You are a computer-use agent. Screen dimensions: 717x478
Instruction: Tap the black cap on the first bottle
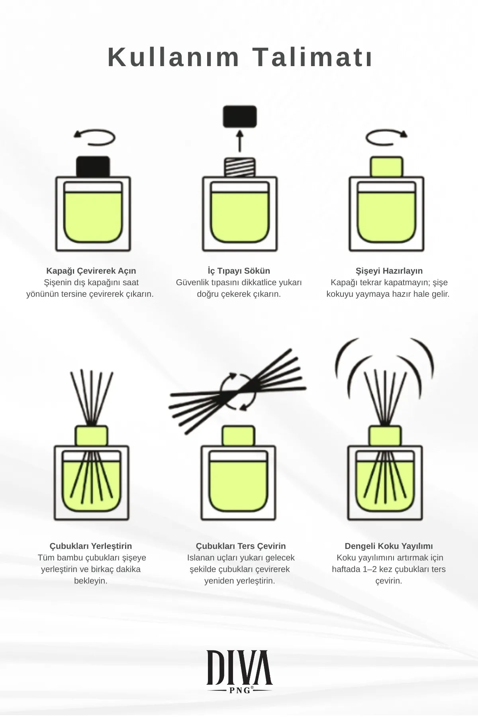(x=93, y=167)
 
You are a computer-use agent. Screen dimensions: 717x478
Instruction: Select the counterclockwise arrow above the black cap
(x=95, y=137)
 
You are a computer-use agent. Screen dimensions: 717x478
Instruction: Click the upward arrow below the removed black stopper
(x=239, y=141)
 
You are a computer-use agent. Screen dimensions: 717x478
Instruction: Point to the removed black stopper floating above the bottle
(x=239, y=116)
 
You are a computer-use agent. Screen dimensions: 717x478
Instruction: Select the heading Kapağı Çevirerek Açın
(x=91, y=271)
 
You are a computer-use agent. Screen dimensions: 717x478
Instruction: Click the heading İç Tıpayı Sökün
(x=239, y=271)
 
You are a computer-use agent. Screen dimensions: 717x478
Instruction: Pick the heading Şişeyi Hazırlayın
(x=389, y=271)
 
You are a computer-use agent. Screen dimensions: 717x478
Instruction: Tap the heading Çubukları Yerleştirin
(x=91, y=546)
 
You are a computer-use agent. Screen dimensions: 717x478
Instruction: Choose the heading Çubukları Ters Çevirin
(x=241, y=546)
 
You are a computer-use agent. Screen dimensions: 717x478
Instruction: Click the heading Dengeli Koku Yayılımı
(x=388, y=546)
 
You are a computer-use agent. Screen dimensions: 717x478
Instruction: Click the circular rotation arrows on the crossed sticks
(x=238, y=391)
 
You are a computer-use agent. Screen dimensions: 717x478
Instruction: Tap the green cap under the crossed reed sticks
(x=238, y=436)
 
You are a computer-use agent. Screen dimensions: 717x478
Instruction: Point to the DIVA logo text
(x=239, y=668)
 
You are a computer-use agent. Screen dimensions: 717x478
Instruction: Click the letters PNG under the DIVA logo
(x=239, y=690)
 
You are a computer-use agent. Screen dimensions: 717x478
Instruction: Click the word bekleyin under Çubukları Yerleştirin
(x=91, y=581)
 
